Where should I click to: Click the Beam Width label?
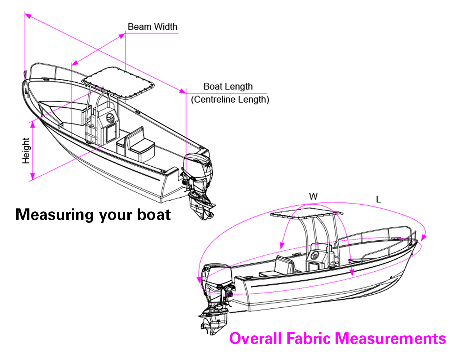(152, 27)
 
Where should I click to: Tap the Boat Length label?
(228, 86)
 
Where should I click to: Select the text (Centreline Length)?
(230, 100)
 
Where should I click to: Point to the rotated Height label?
(26, 150)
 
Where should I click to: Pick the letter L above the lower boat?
(378, 199)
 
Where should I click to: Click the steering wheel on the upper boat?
(110, 117)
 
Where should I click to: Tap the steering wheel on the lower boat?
(314, 254)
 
